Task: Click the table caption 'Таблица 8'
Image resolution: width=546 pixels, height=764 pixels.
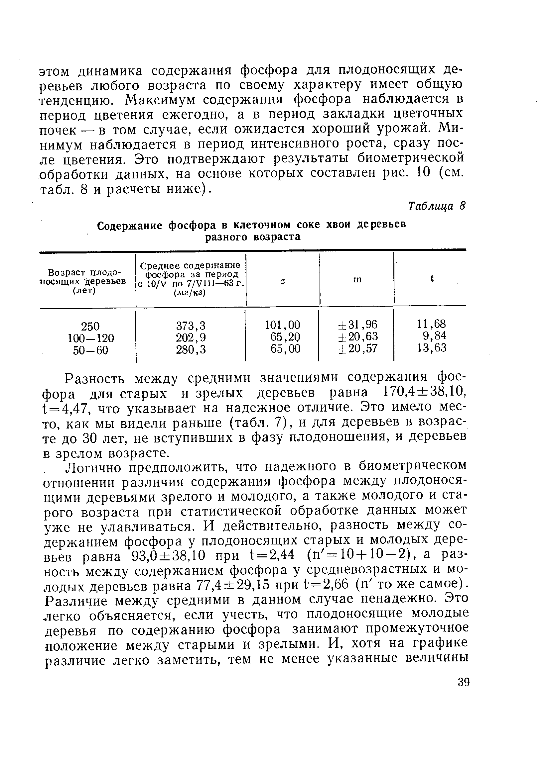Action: tap(436, 206)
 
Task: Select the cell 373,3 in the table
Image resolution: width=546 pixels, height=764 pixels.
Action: tap(191, 326)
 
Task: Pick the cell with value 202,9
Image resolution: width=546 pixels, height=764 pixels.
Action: tap(191, 337)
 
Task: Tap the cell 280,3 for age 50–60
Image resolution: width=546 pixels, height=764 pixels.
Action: tap(191, 349)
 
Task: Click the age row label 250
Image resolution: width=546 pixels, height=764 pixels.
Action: tap(90, 326)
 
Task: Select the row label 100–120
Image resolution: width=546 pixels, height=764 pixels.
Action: tap(91, 338)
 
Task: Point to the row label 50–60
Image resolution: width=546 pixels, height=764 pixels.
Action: tap(91, 350)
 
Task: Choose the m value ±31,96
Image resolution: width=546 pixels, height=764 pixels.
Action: tap(357, 325)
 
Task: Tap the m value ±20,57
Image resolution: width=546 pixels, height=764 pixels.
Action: tap(357, 348)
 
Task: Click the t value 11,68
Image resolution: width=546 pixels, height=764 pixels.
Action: tap(431, 324)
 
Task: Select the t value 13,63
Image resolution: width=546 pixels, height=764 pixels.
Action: tap(432, 347)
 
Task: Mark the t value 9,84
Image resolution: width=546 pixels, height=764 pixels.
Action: tap(434, 335)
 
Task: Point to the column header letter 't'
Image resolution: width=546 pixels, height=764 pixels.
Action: tap(432, 278)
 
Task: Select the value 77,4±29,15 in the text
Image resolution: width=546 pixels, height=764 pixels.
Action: tap(233, 586)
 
